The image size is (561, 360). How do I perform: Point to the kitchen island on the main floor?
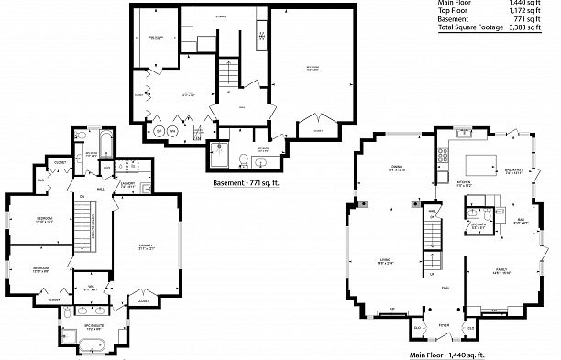click(x=479, y=166)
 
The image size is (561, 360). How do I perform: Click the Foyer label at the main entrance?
click(x=443, y=324)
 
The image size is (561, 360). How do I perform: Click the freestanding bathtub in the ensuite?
click(x=93, y=346)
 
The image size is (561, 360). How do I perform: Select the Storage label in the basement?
click(x=195, y=16)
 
